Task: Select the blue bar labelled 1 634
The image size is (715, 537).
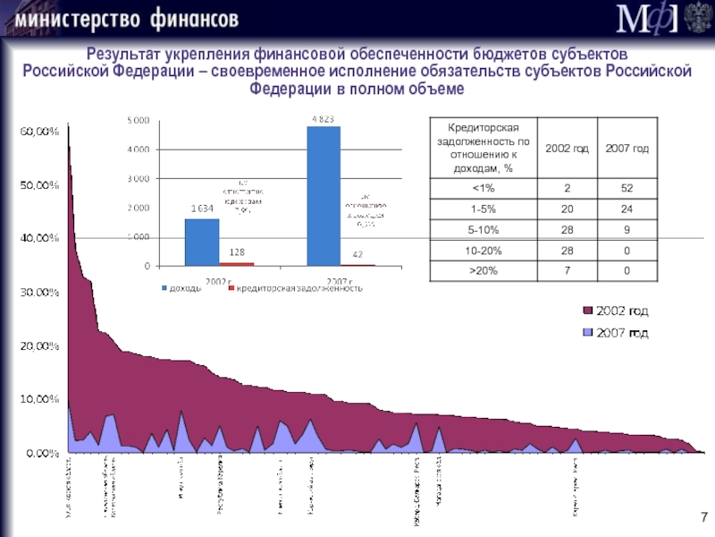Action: pyautogui.click(x=201, y=242)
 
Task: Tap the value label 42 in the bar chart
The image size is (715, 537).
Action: pyautogui.click(x=357, y=256)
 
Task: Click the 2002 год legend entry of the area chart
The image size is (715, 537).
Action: pyautogui.click(x=617, y=311)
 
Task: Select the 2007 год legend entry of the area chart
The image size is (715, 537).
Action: pyautogui.click(x=617, y=332)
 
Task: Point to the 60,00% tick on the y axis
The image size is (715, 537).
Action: pyautogui.click(x=39, y=132)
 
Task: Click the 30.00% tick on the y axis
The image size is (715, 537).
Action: pyautogui.click(x=39, y=292)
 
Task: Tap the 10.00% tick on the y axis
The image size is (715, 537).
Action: pyautogui.click(x=39, y=399)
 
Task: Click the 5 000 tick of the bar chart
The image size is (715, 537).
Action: pyautogui.click(x=139, y=120)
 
